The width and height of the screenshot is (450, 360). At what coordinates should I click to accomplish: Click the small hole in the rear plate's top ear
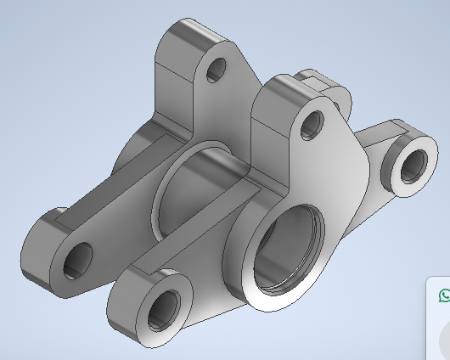pos(217,70)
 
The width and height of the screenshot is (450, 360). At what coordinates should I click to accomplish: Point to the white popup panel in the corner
pos(437,323)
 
